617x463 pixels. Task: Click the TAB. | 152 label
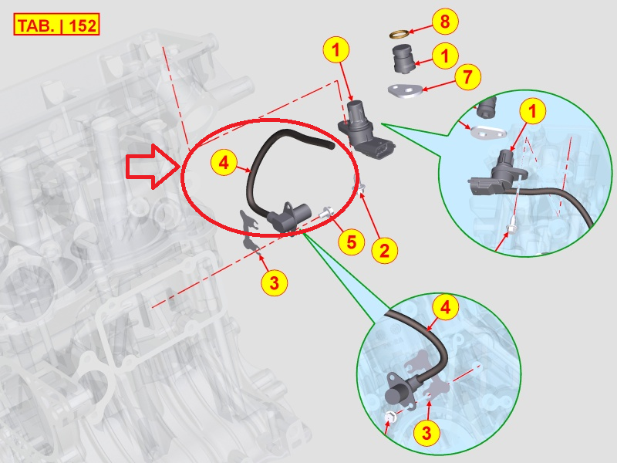pos(56,25)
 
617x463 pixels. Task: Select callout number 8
pos(445,21)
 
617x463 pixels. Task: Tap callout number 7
pos(468,76)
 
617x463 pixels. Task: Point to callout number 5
pos(352,242)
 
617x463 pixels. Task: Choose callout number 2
pos(384,250)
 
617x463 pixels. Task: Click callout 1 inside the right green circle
pos(533,111)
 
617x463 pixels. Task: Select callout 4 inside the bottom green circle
pos(446,307)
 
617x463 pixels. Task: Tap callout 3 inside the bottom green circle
pos(427,433)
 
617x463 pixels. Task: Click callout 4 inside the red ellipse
pos(224,162)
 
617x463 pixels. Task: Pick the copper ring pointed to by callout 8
pos(399,34)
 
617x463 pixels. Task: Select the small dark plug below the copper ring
pos(403,59)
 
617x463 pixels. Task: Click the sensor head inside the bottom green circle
pos(399,390)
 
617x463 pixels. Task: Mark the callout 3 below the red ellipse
pos(275,282)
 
